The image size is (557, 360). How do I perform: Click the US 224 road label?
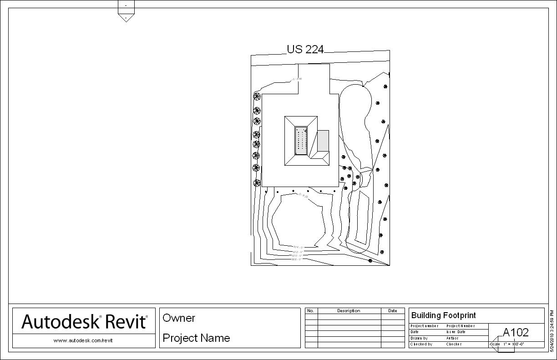click(x=305, y=49)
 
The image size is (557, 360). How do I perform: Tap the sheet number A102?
click(x=516, y=332)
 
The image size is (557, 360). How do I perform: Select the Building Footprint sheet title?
click(x=443, y=315)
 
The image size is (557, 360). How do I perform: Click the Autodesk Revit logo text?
click(x=84, y=321)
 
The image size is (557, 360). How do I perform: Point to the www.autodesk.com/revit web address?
click(x=82, y=340)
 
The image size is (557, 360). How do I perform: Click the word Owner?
click(x=179, y=318)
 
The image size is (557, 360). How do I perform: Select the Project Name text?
click(x=196, y=338)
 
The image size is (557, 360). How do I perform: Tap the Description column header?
click(x=349, y=311)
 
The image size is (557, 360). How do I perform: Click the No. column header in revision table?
click(x=311, y=311)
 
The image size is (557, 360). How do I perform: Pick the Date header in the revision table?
click(x=392, y=311)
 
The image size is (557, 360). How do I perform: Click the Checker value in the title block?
click(x=454, y=345)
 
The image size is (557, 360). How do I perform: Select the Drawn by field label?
click(x=419, y=338)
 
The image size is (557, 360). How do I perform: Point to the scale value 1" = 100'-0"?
click(x=514, y=345)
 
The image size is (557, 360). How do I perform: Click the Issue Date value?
click(x=456, y=332)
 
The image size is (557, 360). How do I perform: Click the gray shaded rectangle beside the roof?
click(x=323, y=140)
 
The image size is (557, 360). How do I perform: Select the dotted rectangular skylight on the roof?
click(x=300, y=141)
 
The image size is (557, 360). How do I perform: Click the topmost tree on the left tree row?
click(x=257, y=96)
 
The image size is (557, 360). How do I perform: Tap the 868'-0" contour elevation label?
click(x=296, y=259)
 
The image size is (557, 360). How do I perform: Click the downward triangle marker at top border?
click(x=126, y=18)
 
